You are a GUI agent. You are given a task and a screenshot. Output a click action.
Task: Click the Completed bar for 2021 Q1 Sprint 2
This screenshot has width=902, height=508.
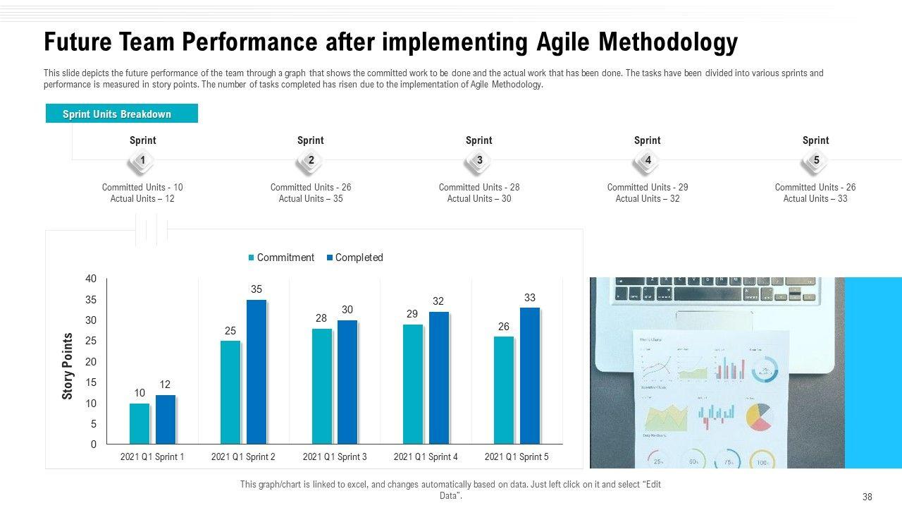click(256, 372)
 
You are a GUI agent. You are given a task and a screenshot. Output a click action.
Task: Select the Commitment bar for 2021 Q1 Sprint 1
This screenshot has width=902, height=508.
click(140, 423)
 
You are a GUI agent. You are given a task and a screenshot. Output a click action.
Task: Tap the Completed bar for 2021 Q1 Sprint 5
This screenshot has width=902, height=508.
click(529, 375)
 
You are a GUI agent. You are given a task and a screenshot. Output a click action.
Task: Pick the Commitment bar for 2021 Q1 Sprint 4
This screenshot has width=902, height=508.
click(413, 384)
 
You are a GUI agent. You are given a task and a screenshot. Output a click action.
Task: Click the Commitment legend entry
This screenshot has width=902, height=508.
click(281, 258)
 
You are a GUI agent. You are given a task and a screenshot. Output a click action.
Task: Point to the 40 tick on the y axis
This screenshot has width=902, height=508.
click(91, 279)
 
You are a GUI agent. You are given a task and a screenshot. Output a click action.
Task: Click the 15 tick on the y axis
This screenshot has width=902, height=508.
click(91, 382)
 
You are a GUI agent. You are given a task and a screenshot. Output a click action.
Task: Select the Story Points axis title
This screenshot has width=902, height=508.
click(68, 366)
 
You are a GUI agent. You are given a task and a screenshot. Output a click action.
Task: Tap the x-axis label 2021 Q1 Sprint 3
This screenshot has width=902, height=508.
click(335, 457)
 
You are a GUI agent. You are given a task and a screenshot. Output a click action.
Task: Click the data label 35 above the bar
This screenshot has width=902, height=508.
click(257, 289)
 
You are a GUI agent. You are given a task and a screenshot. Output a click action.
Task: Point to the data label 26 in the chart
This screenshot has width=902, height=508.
click(504, 327)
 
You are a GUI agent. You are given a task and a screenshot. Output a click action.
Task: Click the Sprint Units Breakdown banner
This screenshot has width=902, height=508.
click(121, 114)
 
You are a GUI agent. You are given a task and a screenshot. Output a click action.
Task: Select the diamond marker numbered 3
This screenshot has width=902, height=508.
click(479, 161)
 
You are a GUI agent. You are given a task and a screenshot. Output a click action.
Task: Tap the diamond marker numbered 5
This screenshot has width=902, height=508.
click(815, 161)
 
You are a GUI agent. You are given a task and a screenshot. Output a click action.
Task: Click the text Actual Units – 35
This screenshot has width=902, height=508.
click(311, 199)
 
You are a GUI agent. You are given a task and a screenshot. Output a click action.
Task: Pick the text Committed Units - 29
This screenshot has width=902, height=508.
click(648, 188)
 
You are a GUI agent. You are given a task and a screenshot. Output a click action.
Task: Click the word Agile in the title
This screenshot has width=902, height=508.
click(561, 42)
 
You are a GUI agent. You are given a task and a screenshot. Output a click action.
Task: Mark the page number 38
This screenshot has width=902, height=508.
click(867, 497)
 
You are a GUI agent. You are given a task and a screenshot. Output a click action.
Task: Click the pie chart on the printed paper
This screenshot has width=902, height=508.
click(758, 416)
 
